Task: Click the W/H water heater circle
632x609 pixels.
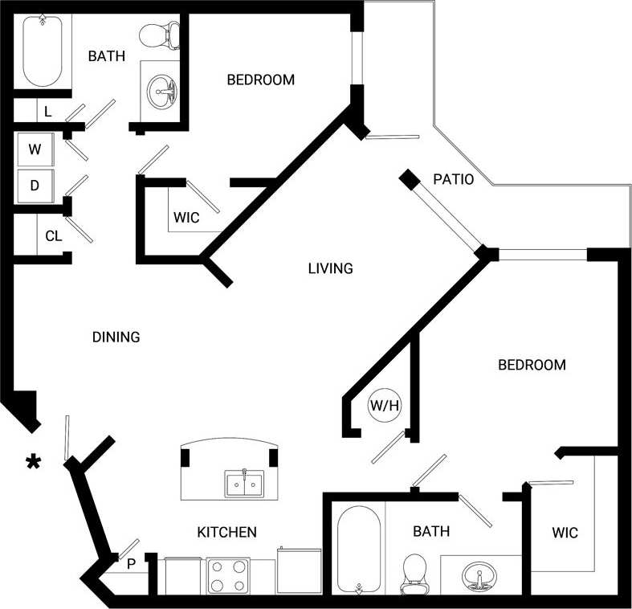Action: click(384, 407)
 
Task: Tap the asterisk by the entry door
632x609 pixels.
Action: click(34, 460)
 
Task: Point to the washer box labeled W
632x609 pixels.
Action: click(35, 149)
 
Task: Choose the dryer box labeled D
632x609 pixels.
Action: click(35, 186)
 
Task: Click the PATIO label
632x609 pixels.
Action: click(453, 179)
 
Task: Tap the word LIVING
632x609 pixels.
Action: click(330, 268)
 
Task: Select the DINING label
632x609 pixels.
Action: click(116, 337)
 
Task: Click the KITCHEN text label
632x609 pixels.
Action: click(227, 532)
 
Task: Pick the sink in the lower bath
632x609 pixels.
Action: click(479, 576)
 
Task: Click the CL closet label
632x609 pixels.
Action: click(53, 236)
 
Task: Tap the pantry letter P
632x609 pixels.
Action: click(131, 563)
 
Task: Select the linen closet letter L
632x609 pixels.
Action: click(47, 112)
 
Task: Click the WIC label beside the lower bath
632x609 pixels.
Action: click(565, 533)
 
